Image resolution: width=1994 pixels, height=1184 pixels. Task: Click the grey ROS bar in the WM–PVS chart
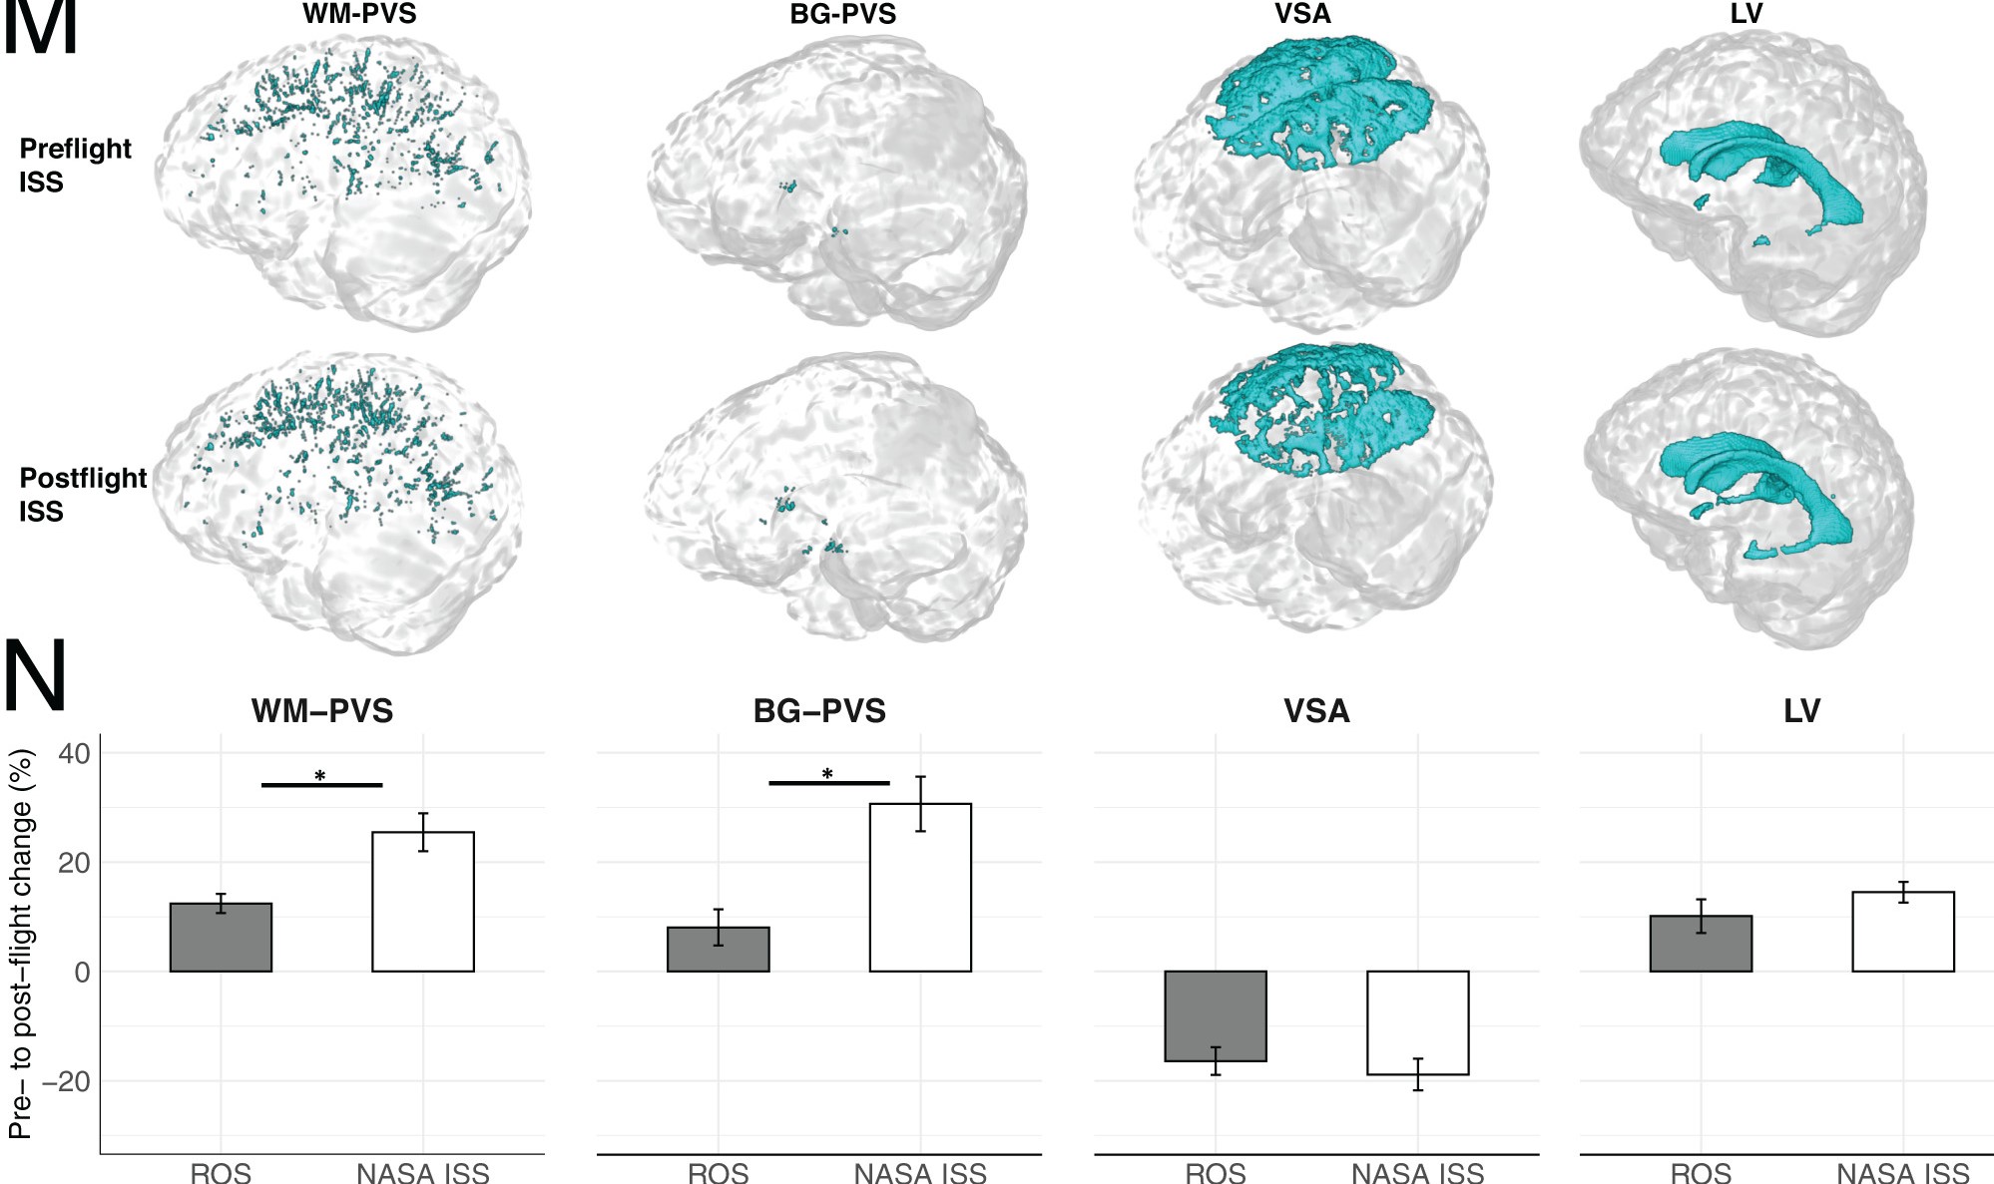pyautogui.click(x=221, y=938)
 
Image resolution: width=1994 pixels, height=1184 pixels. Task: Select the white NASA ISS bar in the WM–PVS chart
pyautogui.click(x=423, y=902)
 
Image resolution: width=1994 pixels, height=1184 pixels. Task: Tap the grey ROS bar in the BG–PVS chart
pyautogui.click(x=719, y=950)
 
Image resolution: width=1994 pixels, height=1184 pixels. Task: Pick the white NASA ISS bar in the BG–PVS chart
pyautogui.click(x=920, y=888)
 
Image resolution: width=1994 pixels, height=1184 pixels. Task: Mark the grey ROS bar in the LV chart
pyautogui.click(x=1701, y=944)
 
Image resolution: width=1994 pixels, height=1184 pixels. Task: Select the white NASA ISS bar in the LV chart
pyautogui.click(x=1903, y=932)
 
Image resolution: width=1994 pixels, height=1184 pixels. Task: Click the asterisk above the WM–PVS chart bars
pyautogui.click(x=320, y=776)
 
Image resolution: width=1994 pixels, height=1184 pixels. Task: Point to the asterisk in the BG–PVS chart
pyautogui.click(x=827, y=774)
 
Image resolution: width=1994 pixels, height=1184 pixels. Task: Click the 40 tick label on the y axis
pyautogui.click(x=74, y=753)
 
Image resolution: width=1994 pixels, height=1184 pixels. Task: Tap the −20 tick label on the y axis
pyautogui.click(x=66, y=1081)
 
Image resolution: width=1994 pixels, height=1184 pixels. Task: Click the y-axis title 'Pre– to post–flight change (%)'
pyautogui.click(x=22, y=944)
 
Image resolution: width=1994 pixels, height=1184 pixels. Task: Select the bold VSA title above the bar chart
pyautogui.click(x=1316, y=711)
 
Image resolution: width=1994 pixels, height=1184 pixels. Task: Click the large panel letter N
pyautogui.click(x=36, y=676)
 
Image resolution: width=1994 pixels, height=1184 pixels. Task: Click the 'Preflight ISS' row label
pyautogui.click(x=75, y=165)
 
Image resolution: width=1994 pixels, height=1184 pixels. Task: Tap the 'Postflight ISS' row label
pyautogui.click(x=83, y=494)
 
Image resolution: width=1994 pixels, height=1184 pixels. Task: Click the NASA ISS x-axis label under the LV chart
pyautogui.click(x=1903, y=1173)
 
